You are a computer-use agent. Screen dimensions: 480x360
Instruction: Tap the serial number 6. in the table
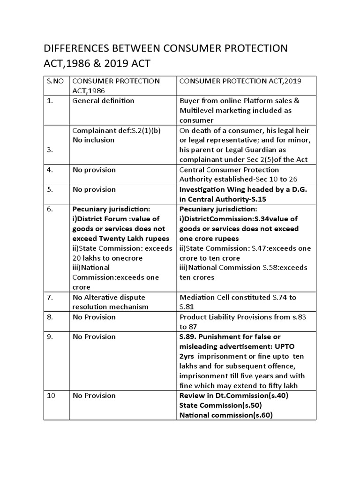tap(51, 209)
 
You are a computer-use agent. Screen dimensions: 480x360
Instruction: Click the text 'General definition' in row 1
tap(103, 100)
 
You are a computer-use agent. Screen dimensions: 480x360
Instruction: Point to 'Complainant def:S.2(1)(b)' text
tap(116, 130)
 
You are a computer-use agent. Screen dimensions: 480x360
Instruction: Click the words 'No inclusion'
tap(93, 140)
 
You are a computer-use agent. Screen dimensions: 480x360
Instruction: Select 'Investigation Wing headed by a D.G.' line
tap(240, 189)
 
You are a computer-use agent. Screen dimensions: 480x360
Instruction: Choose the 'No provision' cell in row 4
tap(94, 170)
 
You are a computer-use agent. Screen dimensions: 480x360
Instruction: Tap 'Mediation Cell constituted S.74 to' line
tap(238, 297)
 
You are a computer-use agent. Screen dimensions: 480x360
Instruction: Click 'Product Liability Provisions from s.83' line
tap(242, 317)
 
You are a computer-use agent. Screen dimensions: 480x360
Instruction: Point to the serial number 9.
tap(50, 337)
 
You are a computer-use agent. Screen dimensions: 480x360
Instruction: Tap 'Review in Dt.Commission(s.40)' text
tap(233, 395)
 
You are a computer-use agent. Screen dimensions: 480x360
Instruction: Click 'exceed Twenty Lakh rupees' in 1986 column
tap(121, 239)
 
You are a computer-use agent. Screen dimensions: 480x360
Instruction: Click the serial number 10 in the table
tap(52, 395)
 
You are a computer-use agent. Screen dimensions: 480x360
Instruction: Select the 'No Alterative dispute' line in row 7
tap(109, 297)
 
